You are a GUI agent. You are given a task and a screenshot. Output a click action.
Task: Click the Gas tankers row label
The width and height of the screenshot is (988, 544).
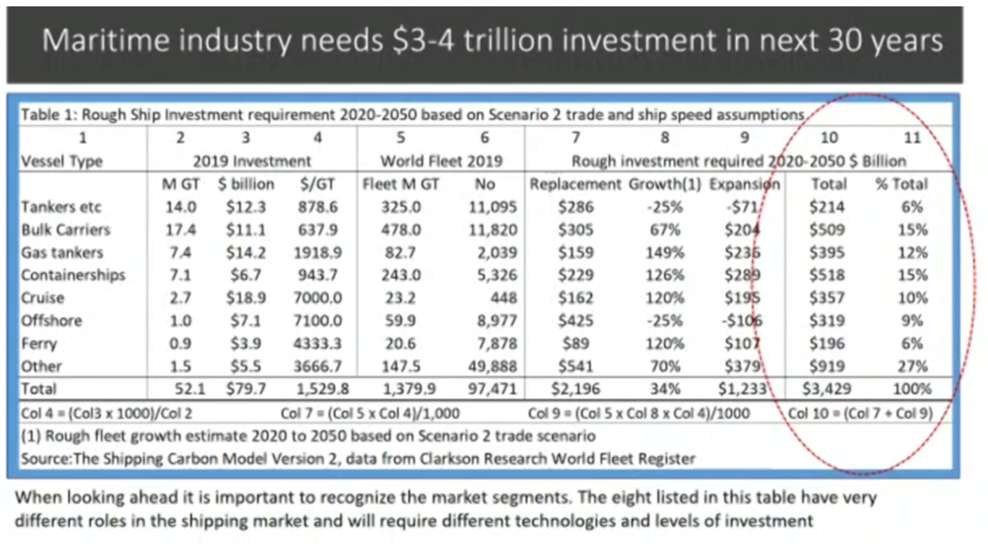(61, 252)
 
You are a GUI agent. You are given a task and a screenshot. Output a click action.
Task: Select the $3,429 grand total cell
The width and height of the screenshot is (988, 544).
(827, 388)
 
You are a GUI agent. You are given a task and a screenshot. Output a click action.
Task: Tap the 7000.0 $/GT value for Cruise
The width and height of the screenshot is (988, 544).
(319, 298)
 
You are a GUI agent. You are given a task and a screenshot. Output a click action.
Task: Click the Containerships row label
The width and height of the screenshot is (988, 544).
(72, 275)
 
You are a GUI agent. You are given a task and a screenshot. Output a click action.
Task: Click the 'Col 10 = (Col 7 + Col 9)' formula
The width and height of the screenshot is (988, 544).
(861, 412)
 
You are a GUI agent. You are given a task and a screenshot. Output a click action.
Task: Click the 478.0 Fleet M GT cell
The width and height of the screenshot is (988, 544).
(402, 230)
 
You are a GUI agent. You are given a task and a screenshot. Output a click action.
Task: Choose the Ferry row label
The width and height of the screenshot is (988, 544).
(39, 343)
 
